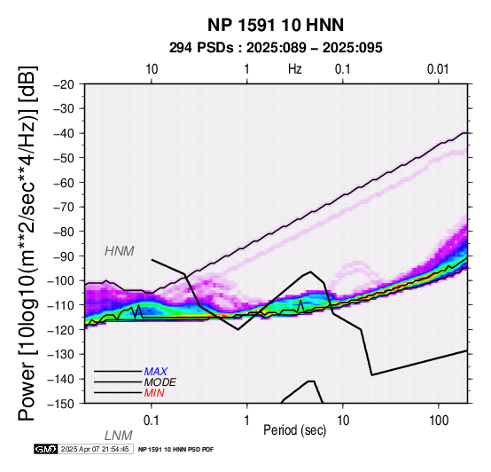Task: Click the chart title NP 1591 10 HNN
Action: click(x=276, y=25)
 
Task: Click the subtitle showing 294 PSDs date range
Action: click(x=276, y=48)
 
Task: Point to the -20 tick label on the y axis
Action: click(x=64, y=84)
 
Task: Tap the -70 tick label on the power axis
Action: click(x=64, y=207)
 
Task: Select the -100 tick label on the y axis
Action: click(x=61, y=280)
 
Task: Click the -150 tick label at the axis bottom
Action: click(x=61, y=404)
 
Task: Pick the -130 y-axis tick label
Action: click(x=61, y=355)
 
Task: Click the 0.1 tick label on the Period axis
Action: click(x=152, y=421)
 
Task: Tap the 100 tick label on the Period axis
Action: click(x=439, y=421)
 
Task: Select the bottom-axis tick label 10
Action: click(x=343, y=421)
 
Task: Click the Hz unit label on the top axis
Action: click(x=294, y=69)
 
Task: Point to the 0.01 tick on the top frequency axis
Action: click(x=438, y=69)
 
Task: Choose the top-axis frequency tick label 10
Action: click(x=152, y=69)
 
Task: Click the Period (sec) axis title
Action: click(x=294, y=430)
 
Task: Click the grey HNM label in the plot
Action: click(x=120, y=251)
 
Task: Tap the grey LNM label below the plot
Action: click(x=119, y=436)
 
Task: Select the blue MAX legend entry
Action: click(x=156, y=372)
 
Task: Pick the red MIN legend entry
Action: click(x=154, y=393)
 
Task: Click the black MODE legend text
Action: click(x=160, y=382)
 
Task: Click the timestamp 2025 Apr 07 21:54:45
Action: click(x=95, y=449)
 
